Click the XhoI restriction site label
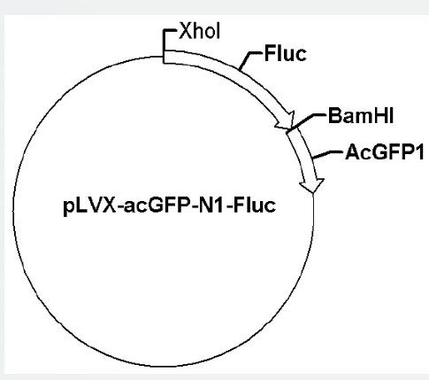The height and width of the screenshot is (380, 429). click(200, 31)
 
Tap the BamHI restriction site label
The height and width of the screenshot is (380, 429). click(361, 116)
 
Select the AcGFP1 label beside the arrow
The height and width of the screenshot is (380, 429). click(385, 152)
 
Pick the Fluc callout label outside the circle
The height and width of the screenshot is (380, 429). click(286, 54)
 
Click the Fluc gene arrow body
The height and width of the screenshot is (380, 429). click(236, 79)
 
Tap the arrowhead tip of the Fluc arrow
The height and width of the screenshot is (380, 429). click(290, 128)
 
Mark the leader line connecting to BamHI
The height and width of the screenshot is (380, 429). click(308, 121)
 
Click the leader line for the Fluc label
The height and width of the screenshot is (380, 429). click(249, 59)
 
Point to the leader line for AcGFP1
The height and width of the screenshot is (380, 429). click(327, 154)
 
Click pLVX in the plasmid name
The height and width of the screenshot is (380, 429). click(90, 206)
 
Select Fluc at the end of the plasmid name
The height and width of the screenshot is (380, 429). click(255, 205)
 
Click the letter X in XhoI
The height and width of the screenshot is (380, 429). click(186, 31)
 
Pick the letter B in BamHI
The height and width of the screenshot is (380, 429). click(334, 116)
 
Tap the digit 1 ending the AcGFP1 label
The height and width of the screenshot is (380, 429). click(419, 152)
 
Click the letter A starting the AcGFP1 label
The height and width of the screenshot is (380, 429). click(353, 152)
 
